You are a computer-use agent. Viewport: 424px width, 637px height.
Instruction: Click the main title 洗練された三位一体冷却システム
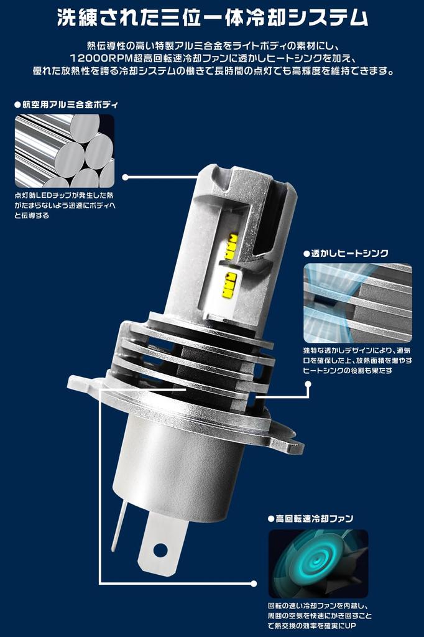(x=212, y=17)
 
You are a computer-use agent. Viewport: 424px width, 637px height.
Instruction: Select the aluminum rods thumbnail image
(x=65, y=151)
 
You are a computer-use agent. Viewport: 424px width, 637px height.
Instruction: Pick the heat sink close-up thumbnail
(x=357, y=303)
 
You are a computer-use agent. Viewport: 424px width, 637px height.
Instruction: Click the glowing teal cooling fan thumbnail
(x=318, y=564)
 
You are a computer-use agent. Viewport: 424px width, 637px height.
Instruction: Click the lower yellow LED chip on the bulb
(x=230, y=283)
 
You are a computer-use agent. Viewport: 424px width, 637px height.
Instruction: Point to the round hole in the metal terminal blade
(x=160, y=549)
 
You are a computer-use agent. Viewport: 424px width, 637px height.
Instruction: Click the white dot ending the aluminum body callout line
(x=126, y=177)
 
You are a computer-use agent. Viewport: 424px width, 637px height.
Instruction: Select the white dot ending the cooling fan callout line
(x=253, y=584)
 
